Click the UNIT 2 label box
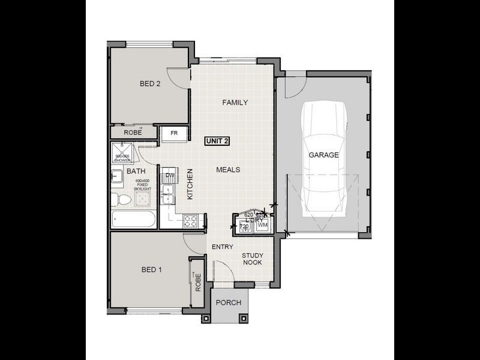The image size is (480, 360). (217, 141)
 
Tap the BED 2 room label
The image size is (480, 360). (150, 84)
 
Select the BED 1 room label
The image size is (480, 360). (151, 270)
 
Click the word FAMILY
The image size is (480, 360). (235, 103)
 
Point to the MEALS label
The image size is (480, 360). (228, 170)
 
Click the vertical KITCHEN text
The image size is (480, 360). (190, 184)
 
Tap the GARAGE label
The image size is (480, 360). (323, 155)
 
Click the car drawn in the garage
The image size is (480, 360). (323, 162)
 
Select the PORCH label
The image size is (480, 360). (228, 303)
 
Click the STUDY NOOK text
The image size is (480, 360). (253, 259)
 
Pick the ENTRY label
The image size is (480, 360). (221, 247)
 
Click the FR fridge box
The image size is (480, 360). (174, 133)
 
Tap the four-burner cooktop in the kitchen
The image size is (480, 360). (190, 221)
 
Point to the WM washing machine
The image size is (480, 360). (262, 225)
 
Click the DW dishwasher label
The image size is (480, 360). (170, 176)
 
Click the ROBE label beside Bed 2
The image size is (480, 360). (133, 132)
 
